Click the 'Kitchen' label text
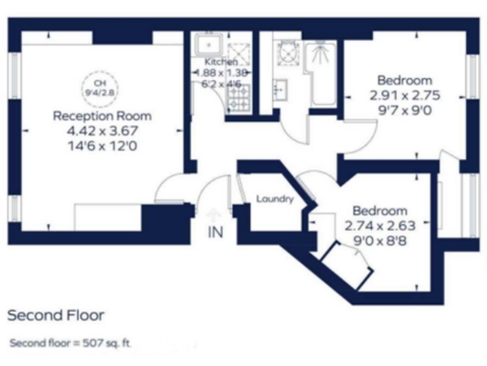point(213,61)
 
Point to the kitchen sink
point(206,45)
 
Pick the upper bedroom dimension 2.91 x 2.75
point(405,95)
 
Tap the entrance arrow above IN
point(212,215)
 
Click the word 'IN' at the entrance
point(213,232)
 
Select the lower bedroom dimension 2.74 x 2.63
point(380,225)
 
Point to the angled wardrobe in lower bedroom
point(346,261)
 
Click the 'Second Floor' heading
point(55,314)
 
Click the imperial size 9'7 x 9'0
point(405,110)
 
